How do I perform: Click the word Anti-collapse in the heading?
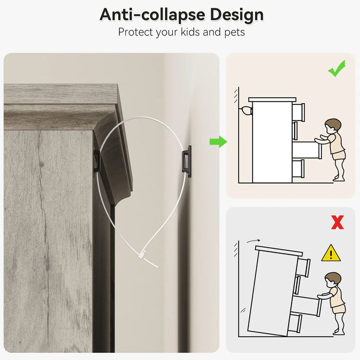[152, 15]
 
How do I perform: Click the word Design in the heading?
[237, 15]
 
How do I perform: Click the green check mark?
[337, 68]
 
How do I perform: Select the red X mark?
[337, 222]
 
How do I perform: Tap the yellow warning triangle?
[331, 253]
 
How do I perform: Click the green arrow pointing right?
[218, 142]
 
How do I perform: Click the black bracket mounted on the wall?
[187, 161]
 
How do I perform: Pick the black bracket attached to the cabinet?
[97, 161]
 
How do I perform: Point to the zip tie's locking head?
[142, 255]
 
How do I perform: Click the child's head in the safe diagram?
[332, 126]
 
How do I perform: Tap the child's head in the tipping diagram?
[332, 280]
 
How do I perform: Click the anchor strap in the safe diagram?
[246, 110]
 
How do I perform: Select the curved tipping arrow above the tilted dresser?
[253, 241]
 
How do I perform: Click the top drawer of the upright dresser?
[298, 112]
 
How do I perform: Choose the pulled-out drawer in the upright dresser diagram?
[307, 150]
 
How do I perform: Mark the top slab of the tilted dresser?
[279, 250]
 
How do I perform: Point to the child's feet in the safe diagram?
[339, 178]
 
